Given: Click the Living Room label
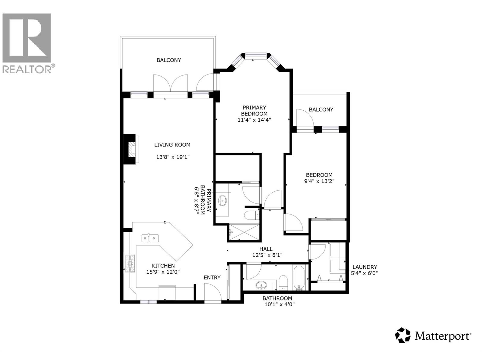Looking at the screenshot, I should [x=172, y=145].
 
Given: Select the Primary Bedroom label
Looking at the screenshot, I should [x=254, y=110].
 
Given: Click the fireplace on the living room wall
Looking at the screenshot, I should [x=132, y=149].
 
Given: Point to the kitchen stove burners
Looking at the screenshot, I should [x=130, y=263].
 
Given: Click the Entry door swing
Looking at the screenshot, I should [x=212, y=292].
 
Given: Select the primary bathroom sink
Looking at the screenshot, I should [x=223, y=200].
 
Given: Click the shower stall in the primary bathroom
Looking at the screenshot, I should [x=244, y=232].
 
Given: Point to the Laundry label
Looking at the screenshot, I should [x=365, y=267].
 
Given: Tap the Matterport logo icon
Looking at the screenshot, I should [x=403, y=335].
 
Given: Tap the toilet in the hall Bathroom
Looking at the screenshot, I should [x=283, y=282].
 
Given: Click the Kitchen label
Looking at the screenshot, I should [x=163, y=266].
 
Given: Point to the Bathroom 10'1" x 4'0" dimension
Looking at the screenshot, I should [x=279, y=304].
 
